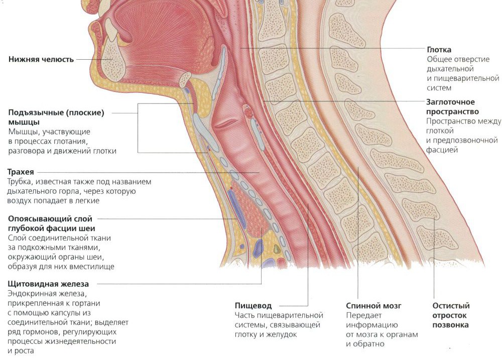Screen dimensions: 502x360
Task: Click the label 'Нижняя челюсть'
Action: (x=41, y=59)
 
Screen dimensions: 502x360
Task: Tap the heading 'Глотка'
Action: (x=439, y=50)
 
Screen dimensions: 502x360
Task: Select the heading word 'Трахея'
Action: (x=21, y=172)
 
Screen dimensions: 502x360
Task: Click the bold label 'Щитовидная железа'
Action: (x=48, y=284)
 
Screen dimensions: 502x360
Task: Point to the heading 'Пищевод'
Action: (x=253, y=306)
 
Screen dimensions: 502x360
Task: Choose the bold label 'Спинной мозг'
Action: (x=373, y=306)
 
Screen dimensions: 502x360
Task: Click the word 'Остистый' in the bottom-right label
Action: (x=451, y=306)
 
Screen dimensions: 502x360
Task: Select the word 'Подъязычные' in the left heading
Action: (x=36, y=113)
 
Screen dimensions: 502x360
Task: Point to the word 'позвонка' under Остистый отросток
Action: (x=450, y=325)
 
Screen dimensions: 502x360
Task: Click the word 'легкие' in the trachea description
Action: (x=88, y=201)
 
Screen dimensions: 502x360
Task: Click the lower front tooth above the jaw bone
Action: (x=111, y=30)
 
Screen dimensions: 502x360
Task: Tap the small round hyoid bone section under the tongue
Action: (x=185, y=79)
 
